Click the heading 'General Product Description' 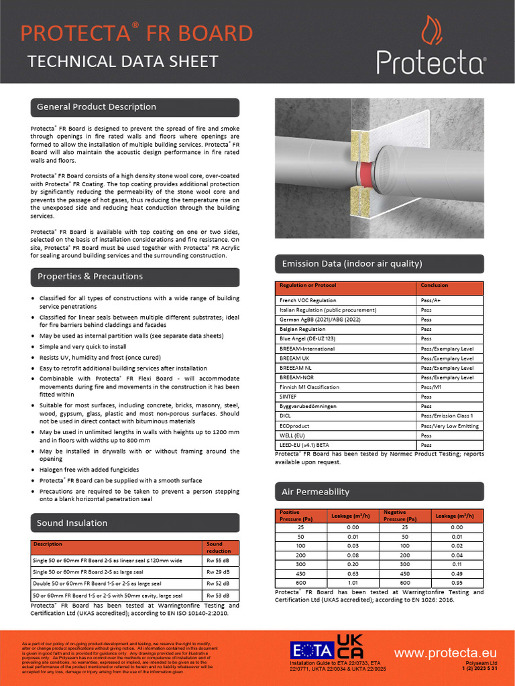97,107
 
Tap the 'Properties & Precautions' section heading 90,277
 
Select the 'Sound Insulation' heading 72,523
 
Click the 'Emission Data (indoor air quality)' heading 352,264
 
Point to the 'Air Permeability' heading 315,492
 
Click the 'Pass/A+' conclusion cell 431,301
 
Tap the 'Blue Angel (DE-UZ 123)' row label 308,339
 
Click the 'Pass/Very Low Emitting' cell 449,426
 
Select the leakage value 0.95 457,584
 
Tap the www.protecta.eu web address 445,653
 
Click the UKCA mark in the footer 351,646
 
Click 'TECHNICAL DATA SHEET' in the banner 123,62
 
